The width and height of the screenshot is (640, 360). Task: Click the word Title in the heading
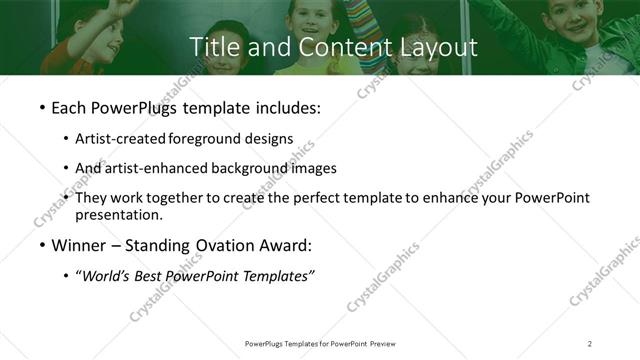pos(213,47)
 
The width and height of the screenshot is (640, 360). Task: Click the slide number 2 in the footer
pos(590,343)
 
